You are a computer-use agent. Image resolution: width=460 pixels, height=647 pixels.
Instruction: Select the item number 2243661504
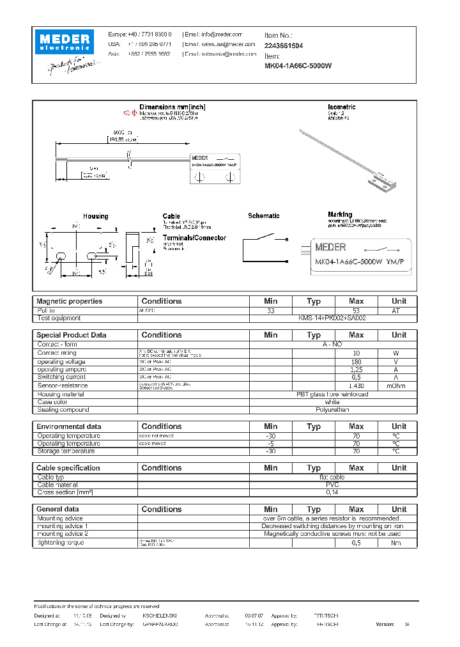click(x=284, y=46)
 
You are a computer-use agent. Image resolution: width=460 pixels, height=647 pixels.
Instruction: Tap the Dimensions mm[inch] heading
click(x=172, y=107)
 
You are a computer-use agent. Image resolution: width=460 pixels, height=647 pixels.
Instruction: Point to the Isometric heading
click(x=341, y=107)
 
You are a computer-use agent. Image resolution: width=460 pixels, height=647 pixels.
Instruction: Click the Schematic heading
click(x=264, y=216)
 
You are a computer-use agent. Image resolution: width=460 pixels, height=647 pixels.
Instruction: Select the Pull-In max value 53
click(x=356, y=310)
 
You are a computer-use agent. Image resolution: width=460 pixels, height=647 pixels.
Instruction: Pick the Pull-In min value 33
click(x=271, y=310)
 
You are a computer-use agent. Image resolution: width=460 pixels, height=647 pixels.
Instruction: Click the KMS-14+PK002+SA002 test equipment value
click(x=332, y=318)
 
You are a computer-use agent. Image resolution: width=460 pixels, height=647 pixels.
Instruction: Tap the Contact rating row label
click(x=57, y=353)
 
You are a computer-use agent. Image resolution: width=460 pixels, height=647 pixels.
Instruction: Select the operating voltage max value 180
click(x=356, y=362)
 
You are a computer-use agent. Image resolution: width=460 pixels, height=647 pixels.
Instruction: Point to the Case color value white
click(x=332, y=402)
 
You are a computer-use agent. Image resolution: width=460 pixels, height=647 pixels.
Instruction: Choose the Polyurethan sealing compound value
click(x=332, y=410)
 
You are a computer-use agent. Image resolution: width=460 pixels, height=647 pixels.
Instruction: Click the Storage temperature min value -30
click(x=271, y=451)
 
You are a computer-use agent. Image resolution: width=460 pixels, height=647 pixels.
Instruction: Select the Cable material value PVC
click(x=332, y=485)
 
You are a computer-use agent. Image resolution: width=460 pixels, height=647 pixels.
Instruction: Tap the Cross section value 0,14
click(x=332, y=493)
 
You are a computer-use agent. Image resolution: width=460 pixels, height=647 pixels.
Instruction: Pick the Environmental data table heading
click(x=69, y=426)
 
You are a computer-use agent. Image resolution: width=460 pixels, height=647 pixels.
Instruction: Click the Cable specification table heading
click(x=68, y=468)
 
